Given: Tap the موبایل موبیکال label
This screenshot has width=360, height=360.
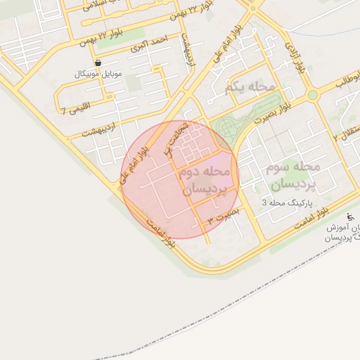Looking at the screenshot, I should pos(98,74).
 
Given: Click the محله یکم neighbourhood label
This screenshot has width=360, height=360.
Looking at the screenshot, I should pos(250,86).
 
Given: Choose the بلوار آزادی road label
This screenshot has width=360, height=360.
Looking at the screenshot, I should pos(295,58).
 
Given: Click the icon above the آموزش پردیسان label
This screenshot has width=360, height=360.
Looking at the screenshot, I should pos(350,216).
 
